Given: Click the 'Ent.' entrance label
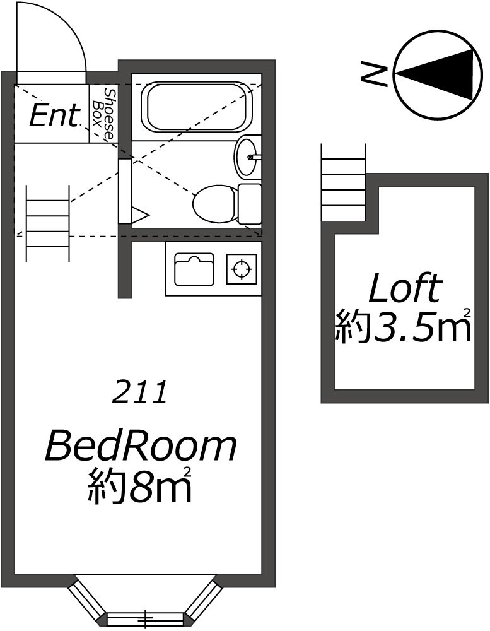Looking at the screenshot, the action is (x=54, y=116).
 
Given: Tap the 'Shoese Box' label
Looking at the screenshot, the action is (x=103, y=114).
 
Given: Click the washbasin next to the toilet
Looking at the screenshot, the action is (x=246, y=157).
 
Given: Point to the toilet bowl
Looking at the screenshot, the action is (x=215, y=203).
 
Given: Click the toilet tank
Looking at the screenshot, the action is (x=250, y=203).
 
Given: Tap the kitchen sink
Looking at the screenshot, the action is (x=194, y=269).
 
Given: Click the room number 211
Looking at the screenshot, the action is (x=139, y=392).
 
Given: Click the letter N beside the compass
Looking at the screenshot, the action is (x=374, y=74).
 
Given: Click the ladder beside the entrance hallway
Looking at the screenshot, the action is (x=48, y=223).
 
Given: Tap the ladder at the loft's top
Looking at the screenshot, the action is (x=343, y=182).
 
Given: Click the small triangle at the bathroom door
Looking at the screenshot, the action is (x=141, y=215).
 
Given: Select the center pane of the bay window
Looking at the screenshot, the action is (x=146, y=615).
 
